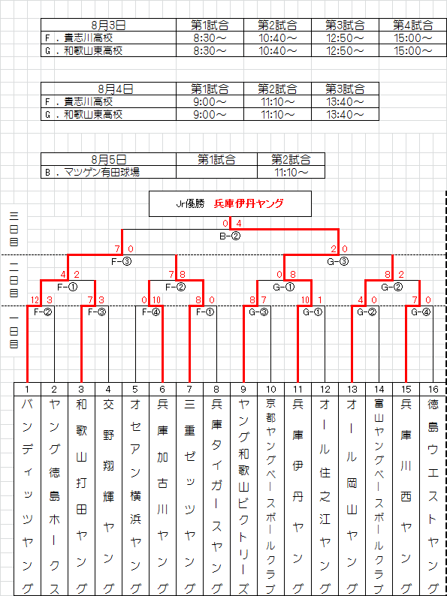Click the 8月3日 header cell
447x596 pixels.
click(x=108, y=26)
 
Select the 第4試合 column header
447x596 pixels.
click(x=412, y=26)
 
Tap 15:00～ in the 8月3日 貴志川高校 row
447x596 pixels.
click(x=412, y=38)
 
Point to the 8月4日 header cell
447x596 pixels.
click(x=108, y=89)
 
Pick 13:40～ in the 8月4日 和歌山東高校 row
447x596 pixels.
click(x=345, y=114)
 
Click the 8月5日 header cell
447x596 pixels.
click(x=108, y=159)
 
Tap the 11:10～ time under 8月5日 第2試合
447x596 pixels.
click(x=291, y=172)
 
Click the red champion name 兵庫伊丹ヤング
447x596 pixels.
click(x=249, y=203)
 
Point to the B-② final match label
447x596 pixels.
click(x=230, y=236)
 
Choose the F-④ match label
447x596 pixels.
click(x=150, y=312)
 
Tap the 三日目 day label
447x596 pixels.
click(x=14, y=229)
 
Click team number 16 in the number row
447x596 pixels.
click(x=433, y=390)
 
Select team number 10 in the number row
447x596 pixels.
click(x=271, y=390)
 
